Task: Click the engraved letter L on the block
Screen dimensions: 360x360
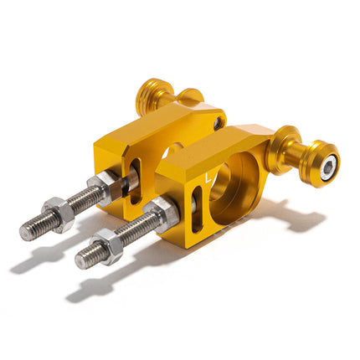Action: (208, 177)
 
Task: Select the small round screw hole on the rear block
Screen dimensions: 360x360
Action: (219, 122)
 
